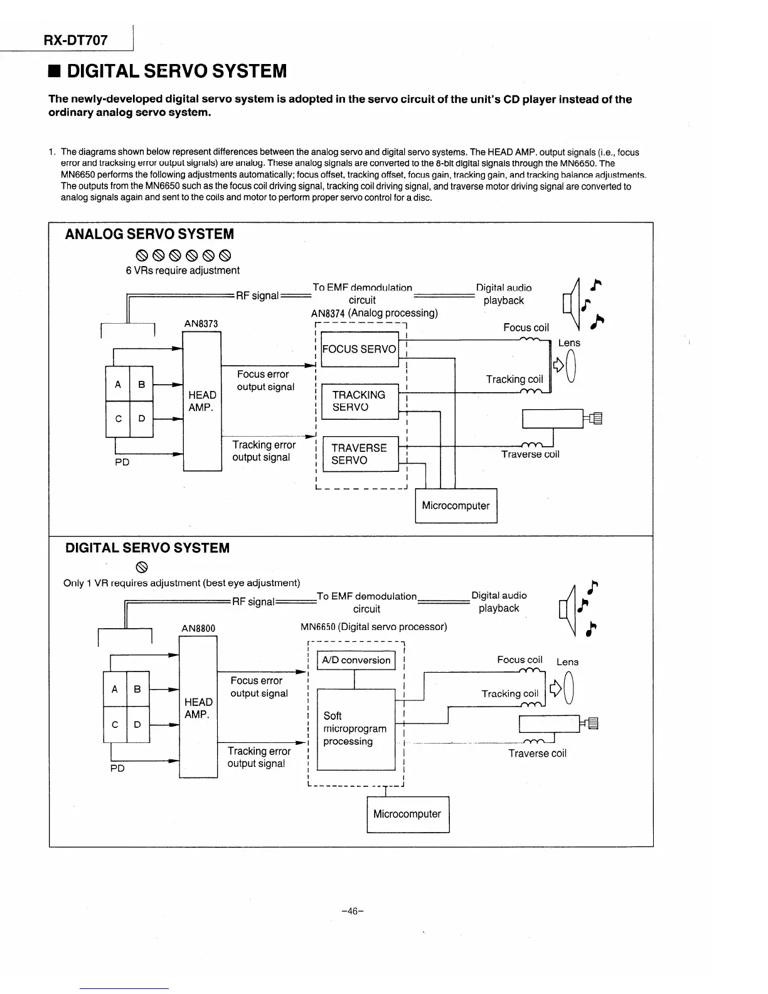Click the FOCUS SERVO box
pos(359,349)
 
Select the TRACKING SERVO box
pos(359,401)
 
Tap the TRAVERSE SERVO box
pos(359,454)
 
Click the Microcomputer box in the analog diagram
pos(456,506)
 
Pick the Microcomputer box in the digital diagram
pos(407,814)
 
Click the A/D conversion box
pos(356,660)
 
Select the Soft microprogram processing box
pos(356,729)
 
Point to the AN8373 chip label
pos(201,324)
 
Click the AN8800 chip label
pos(198,629)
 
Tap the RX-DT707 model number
pos(75,41)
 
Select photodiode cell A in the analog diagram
pos(117,384)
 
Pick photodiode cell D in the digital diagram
pos(138,725)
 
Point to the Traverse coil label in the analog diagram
pos(530,454)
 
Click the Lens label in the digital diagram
pos(567,662)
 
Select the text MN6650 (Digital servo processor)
pos(374,627)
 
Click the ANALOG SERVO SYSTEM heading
pos(149,234)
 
